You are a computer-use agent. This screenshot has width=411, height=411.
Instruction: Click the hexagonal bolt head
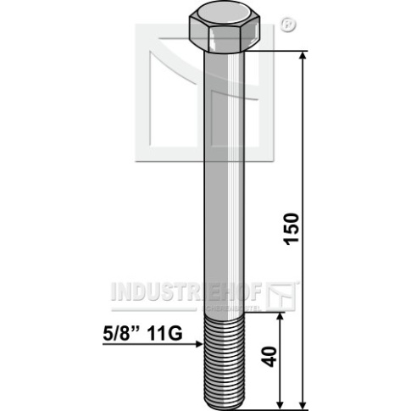coord(225,28)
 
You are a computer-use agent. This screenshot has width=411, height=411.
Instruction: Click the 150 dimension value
coord(292,229)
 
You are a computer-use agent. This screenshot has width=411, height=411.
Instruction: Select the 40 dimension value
coord(269,357)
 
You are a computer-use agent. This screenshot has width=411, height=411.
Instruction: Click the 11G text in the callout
coord(165,334)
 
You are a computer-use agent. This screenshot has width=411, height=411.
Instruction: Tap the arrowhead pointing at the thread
coord(199,344)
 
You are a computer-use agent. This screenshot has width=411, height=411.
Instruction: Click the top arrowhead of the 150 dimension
coord(303,55)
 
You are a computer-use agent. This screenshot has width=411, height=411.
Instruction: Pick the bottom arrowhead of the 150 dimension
coord(303,405)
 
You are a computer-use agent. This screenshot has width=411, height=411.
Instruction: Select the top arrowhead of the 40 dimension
coord(280,316)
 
